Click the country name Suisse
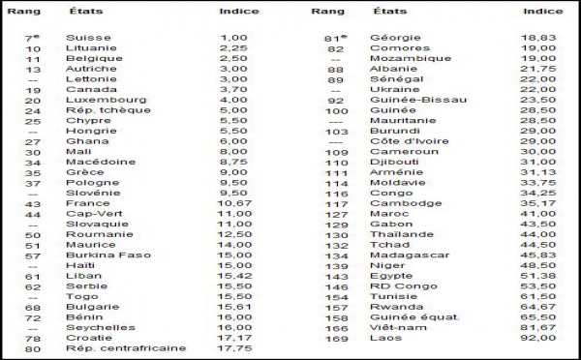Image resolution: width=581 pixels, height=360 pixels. [88, 38]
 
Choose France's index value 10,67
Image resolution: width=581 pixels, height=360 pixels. [237, 204]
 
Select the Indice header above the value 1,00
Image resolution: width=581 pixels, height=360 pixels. [239, 11]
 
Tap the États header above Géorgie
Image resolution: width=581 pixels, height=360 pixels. [389, 11]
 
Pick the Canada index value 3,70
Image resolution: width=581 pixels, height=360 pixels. [233, 89]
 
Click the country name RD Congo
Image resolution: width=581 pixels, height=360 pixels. [400, 287]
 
